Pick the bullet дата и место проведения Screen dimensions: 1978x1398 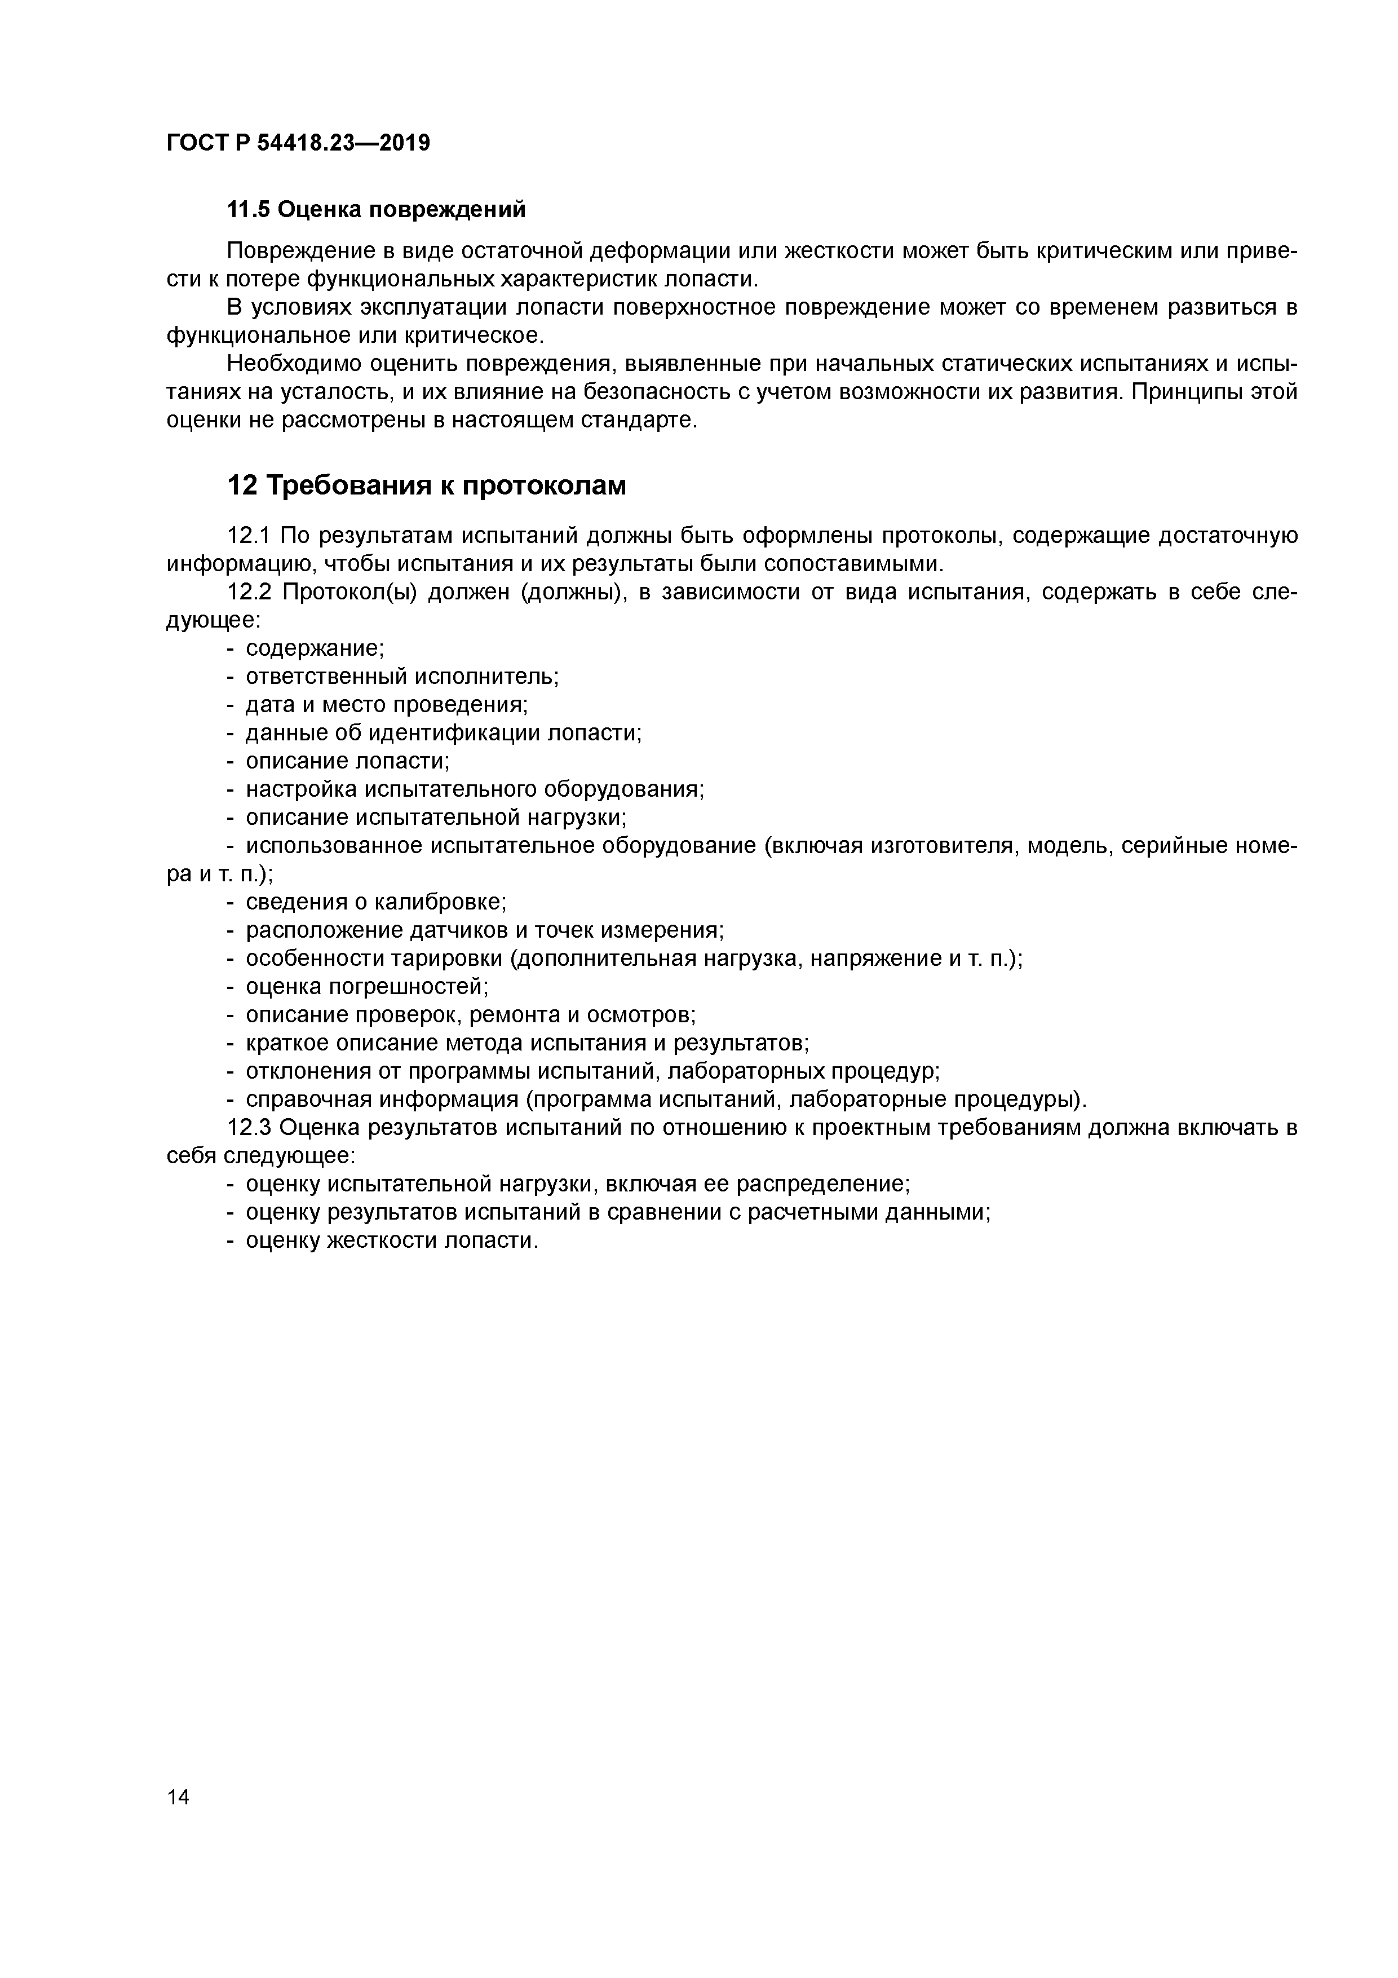coord(387,705)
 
